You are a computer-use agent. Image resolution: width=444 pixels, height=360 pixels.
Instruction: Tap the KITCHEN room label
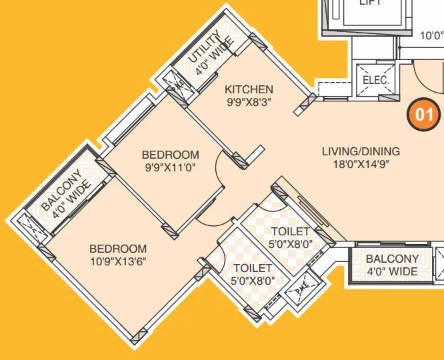pyautogui.click(x=249, y=89)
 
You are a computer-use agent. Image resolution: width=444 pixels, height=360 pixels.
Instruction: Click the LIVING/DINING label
pyautogui.click(x=361, y=151)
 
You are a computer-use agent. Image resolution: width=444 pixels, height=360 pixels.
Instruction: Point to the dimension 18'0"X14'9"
pyautogui.click(x=361, y=164)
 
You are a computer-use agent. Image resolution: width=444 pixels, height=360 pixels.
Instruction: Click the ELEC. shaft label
pyautogui.click(x=375, y=81)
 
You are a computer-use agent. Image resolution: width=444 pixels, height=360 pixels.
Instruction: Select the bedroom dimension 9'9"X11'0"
pyautogui.click(x=171, y=167)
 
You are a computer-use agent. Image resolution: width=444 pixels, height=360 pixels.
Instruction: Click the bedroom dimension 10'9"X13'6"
pyautogui.click(x=118, y=261)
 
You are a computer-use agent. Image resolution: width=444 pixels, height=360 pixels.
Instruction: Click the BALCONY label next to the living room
pyautogui.click(x=393, y=259)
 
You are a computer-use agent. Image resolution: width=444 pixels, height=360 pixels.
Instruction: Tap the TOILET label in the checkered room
pyautogui.click(x=291, y=231)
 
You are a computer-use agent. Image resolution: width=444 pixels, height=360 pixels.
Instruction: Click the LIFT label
pyautogui.click(x=370, y=3)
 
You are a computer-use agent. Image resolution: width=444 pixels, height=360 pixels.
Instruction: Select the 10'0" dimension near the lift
pyautogui.click(x=431, y=37)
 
